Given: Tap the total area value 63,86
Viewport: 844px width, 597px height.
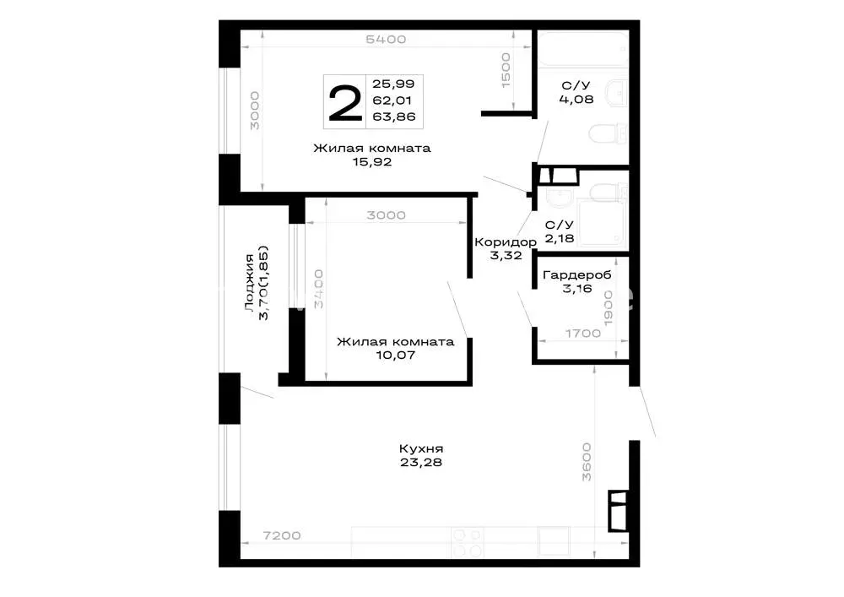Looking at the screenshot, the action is [394, 117].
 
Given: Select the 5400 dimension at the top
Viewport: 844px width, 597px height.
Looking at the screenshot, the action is [386, 40].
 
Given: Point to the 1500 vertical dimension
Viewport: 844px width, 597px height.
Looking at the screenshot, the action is [506, 70].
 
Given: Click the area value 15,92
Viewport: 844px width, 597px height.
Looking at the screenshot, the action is [372, 162].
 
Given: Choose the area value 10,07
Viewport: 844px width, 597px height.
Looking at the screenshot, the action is [395, 355].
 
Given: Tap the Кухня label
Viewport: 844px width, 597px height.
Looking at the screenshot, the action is [421, 448].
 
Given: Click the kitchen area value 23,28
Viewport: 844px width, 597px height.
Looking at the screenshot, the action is [421, 463].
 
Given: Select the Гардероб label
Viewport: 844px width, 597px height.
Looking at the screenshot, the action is [577, 275].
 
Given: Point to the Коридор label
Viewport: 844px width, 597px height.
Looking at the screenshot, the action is [506, 242].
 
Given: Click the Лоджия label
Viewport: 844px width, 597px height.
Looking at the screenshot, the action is [249, 283].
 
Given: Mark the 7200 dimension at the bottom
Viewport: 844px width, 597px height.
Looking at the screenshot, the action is [282, 535].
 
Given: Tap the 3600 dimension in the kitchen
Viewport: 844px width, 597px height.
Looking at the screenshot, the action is [587, 462].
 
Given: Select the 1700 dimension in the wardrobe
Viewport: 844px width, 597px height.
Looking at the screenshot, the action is [583, 334].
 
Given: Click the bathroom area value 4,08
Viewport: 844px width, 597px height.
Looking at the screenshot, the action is [576, 99].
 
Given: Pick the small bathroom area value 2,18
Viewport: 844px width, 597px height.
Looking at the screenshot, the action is [560, 238].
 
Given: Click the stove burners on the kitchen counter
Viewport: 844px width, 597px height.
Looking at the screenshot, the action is [468, 543].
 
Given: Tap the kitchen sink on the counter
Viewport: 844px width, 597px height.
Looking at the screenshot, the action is [554, 541].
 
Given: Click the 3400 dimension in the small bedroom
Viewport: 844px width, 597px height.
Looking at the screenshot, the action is [318, 289].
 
